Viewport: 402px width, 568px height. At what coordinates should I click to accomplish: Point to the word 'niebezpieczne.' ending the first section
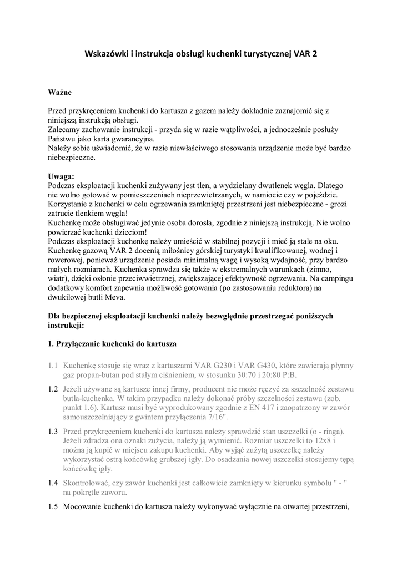[x=72, y=158]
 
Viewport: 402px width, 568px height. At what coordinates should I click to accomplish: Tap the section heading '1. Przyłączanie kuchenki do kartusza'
[x=112, y=344]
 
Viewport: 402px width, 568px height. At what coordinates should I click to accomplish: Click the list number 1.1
[x=53, y=366]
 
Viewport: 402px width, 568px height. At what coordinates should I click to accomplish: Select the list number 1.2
[x=53, y=389]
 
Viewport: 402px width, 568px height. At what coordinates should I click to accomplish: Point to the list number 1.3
[x=53, y=432]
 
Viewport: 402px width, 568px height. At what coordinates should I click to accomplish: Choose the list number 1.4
[x=53, y=483]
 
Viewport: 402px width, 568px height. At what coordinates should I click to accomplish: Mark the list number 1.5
[x=53, y=506]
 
